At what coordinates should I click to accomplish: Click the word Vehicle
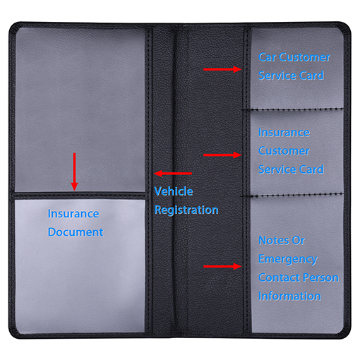174,191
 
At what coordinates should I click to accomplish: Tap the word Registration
186,210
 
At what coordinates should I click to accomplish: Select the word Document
76,232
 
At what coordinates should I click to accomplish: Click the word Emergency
288,260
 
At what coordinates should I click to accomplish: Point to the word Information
289,296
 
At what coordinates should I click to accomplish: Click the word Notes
273,241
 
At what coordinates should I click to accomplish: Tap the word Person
322,277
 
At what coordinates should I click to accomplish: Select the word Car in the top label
267,57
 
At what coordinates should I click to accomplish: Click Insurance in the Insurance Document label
73,214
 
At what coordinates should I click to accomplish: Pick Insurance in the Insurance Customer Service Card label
284,133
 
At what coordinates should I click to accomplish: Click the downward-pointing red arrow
74,172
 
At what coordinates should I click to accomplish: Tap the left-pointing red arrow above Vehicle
173,174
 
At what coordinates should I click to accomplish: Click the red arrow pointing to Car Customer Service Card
222,69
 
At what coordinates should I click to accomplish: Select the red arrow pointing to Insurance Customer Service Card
222,155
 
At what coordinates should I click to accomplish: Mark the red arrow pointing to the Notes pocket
222,266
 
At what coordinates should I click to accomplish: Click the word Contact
280,277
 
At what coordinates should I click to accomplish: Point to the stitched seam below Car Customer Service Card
292,109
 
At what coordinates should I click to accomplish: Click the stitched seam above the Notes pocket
292,195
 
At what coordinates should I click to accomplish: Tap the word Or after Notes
299,241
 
